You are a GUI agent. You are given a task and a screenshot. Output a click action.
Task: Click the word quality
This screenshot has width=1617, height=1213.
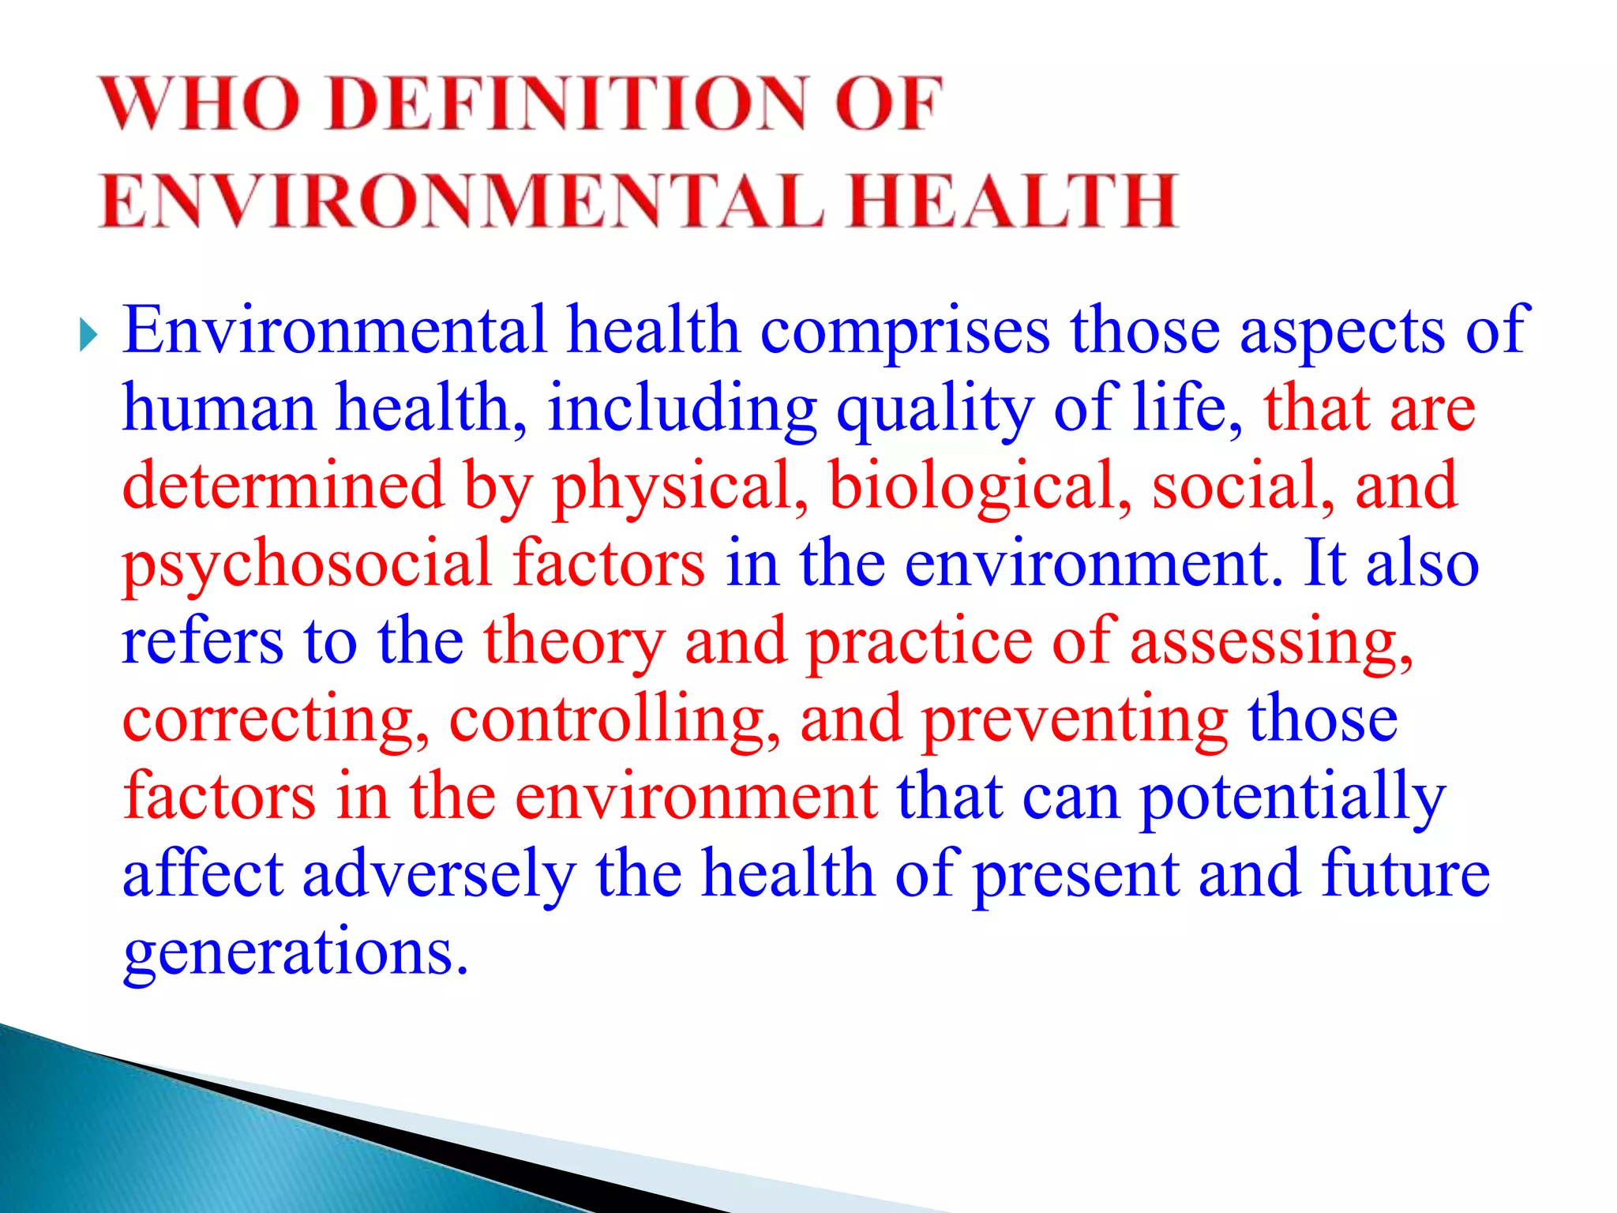click(935, 409)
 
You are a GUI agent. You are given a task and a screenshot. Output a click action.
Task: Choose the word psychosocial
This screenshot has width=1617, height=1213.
click(307, 564)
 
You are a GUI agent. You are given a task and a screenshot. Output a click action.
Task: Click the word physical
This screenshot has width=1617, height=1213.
click(680, 486)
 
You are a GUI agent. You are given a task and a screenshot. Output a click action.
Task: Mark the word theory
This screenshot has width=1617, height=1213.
click(574, 642)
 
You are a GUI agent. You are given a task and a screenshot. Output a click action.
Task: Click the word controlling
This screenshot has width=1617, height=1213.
click(614, 720)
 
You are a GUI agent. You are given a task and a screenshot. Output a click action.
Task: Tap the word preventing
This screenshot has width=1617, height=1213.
click(1075, 720)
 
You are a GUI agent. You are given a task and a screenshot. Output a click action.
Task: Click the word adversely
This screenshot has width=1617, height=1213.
click(439, 875)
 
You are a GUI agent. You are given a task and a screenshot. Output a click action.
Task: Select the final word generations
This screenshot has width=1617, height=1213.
click(295, 954)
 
